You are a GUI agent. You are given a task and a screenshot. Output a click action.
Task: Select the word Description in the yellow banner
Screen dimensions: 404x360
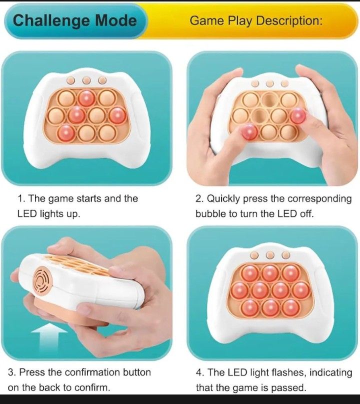click(x=292, y=21)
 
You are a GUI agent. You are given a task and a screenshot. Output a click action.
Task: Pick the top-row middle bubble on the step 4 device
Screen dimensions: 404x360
click(x=270, y=272)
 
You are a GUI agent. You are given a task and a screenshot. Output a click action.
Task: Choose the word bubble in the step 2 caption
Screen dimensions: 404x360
click(x=209, y=213)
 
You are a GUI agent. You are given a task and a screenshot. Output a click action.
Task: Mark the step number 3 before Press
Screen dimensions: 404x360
click(x=10, y=372)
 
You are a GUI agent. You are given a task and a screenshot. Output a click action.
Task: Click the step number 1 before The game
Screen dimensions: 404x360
click(x=20, y=198)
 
